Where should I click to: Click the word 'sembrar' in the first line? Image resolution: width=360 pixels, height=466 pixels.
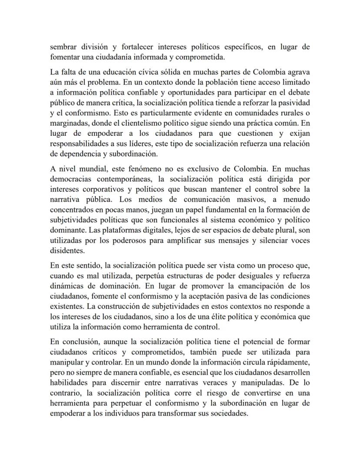[x=63, y=47]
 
